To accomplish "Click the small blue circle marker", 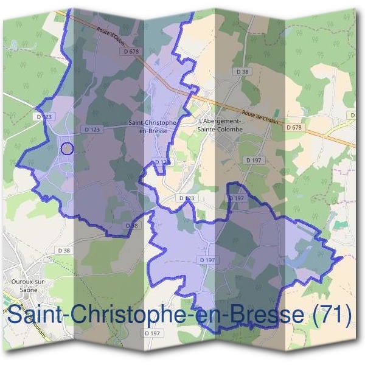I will pos(68,148).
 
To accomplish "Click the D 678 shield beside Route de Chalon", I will pos(293,127).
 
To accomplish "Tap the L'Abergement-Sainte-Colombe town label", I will pos(220,125).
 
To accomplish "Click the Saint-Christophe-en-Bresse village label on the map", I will pos(153,126).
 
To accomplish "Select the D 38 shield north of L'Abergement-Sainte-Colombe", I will pos(242,72).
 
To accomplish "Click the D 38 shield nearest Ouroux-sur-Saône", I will pos(64,250).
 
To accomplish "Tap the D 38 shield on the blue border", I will pos(132,226).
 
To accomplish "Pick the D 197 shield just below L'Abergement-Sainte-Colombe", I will pos(254,159).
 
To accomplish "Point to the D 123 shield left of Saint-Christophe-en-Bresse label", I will pos(92,130).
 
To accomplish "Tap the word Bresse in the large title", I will pos(264,315).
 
